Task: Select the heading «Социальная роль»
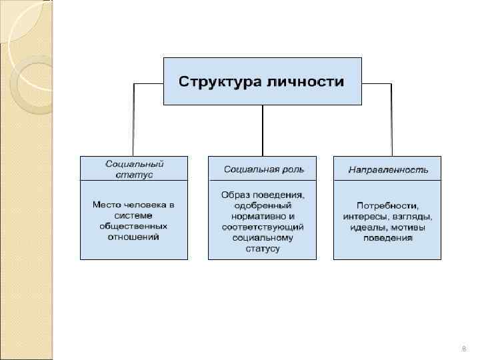point(264,169)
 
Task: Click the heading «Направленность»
point(387,169)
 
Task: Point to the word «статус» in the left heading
point(134,175)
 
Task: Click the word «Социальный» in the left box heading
point(134,164)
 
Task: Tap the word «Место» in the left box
point(106,204)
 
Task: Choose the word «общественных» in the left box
point(134,226)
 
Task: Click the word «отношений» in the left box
point(134,237)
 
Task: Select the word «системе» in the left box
point(134,215)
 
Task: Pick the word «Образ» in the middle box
point(236,195)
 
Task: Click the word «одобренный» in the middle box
point(262,205)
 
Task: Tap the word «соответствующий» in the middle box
point(262,227)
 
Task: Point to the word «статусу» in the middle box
point(262,249)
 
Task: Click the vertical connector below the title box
point(263,130)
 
